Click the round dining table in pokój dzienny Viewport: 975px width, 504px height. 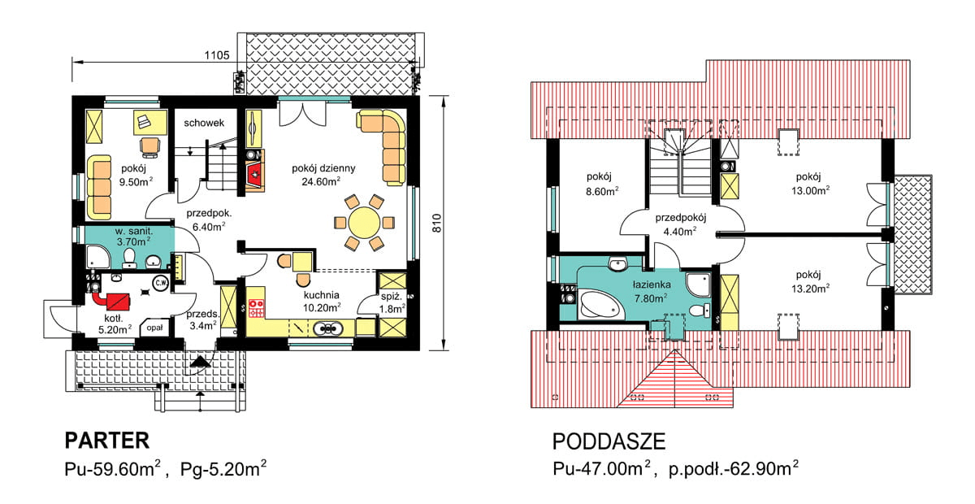364,223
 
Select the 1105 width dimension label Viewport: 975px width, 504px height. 217,55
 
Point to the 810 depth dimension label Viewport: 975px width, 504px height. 436,223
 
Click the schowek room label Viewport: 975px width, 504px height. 204,123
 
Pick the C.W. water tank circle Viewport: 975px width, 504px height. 161,284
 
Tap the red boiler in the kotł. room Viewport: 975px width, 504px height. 114,301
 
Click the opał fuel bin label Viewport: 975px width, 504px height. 154,328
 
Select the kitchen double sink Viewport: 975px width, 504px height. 328,328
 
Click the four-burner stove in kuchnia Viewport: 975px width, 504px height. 257,308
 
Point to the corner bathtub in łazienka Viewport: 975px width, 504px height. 600,305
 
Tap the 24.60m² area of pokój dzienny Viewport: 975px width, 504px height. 321,181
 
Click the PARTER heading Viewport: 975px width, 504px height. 107,441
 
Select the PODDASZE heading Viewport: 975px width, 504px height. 609,441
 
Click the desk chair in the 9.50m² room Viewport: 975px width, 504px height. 149,147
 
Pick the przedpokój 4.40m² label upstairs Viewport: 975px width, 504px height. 680,224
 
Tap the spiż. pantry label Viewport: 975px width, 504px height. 391,297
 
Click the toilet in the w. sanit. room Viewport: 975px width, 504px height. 129,258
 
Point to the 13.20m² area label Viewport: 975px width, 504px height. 810,289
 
